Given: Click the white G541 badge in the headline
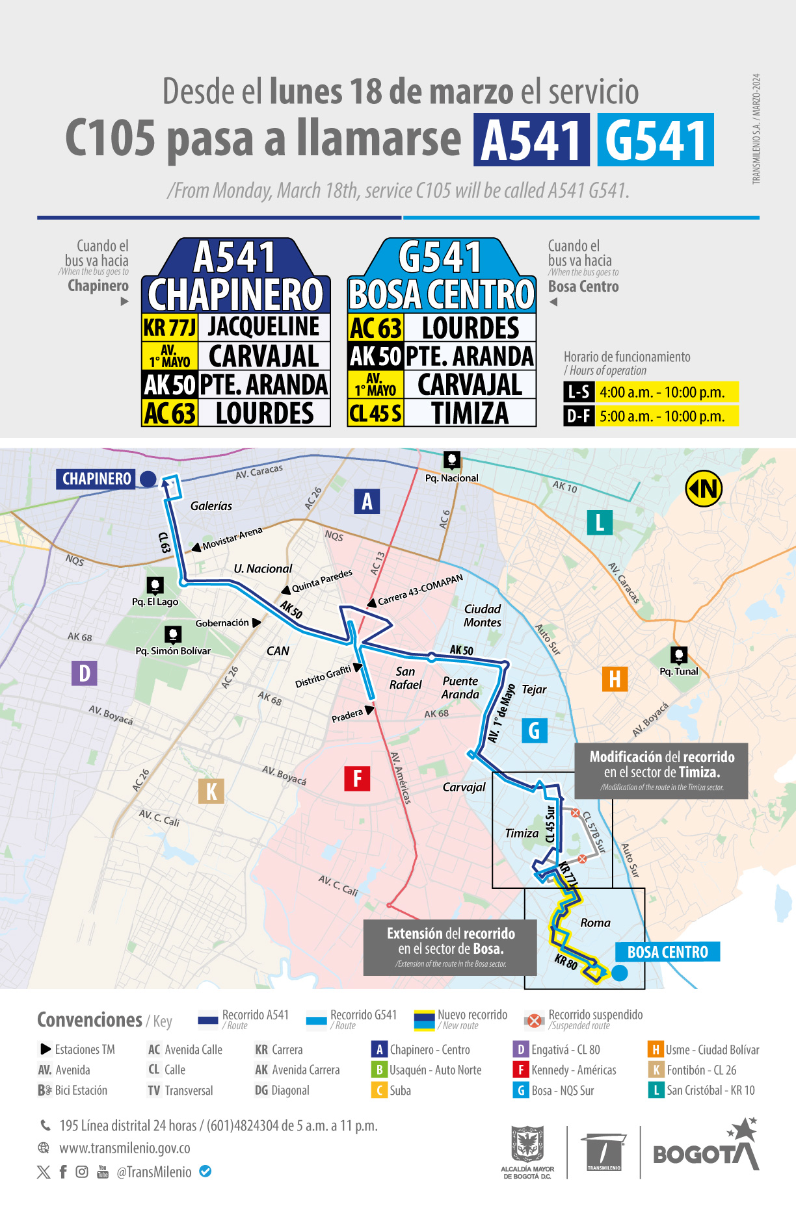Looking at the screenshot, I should (656, 140).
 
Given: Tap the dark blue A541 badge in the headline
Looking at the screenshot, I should (531, 140).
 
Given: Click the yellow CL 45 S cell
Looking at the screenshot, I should (376, 413).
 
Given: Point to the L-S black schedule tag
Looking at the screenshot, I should (578, 392).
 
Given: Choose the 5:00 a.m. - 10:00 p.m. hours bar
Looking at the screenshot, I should (667, 416).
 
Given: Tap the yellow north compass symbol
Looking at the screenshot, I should (704, 488).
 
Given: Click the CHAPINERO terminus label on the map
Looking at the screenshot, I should (97, 479).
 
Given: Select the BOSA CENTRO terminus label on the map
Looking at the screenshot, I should (667, 952).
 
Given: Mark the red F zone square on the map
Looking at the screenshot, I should (357, 778).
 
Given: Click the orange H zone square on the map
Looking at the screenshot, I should (615, 679).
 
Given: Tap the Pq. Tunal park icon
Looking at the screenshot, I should (679, 655).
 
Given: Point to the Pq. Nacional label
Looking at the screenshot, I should (451, 478).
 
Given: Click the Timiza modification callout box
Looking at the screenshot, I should (661, 771).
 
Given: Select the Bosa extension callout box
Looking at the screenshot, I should (450, 947).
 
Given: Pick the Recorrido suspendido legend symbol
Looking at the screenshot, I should (534, 1020).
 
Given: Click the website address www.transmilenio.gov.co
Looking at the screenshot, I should (125, 1148).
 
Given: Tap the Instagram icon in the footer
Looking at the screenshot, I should (82, 1171).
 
